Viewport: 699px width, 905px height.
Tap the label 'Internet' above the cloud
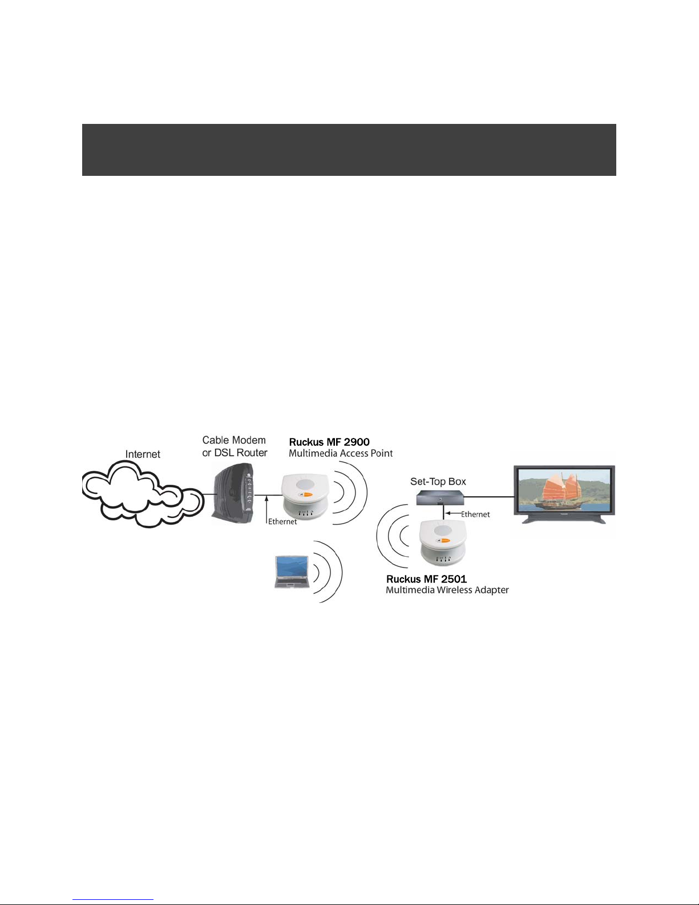click(143, 454)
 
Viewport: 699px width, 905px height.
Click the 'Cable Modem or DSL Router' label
click(235, 447)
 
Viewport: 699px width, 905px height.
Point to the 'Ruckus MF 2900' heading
click(329, 442)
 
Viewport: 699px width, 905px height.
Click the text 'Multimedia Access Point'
click(341, 453)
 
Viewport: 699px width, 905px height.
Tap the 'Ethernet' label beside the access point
click(282, 521)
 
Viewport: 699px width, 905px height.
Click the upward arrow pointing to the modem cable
click(266, 509)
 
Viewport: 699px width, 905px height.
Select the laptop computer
click(292, 572)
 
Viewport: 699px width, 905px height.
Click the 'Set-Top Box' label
click(438, 481)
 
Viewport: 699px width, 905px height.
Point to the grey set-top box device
click(440, 498)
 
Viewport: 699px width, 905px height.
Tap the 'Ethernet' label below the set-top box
click(475, 514)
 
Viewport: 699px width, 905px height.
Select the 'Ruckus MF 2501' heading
click(426, 579)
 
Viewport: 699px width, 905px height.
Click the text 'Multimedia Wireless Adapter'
click(447, 590)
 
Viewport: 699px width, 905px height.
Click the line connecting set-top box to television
click(490, 496)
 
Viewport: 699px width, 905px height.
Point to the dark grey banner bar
click(349, 150)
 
